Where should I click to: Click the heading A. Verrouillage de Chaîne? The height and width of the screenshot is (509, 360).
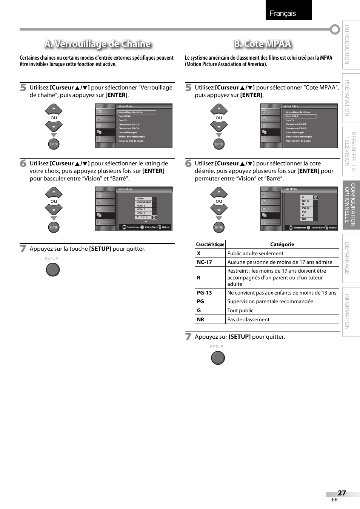[97, 44]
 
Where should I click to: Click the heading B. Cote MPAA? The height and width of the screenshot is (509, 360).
[263, 44]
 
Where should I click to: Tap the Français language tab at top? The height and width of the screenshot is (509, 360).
[283, 14]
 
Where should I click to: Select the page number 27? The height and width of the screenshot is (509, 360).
[342, 493]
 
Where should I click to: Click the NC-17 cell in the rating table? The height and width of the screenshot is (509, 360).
[205, 262]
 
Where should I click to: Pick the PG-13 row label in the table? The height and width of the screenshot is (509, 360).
[205, 293]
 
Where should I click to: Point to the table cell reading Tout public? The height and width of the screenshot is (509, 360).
[240, 310]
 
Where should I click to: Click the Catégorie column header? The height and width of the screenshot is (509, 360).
[282, 244]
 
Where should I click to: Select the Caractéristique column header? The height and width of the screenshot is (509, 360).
[210, 244]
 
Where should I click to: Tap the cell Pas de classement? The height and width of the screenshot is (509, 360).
[248, 319]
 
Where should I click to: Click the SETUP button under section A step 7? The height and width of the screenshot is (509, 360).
[53, 270]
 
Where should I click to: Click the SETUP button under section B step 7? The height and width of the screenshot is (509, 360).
[218, 358]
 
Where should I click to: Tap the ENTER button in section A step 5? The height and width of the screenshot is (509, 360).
[54, 144]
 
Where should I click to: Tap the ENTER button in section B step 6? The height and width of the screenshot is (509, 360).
[219, 227]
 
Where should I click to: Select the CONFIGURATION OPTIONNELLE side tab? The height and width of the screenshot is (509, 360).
[351, 205]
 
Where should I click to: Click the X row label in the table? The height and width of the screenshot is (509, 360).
[199, 253]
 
